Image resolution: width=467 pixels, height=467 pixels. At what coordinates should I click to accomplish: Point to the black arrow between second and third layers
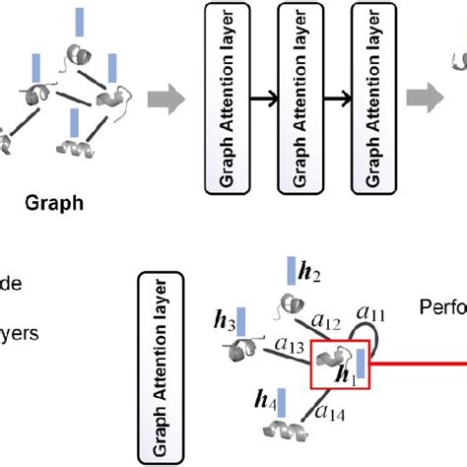point(342,101)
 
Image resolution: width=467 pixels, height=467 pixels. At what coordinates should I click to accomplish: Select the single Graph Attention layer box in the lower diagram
point(160,367)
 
